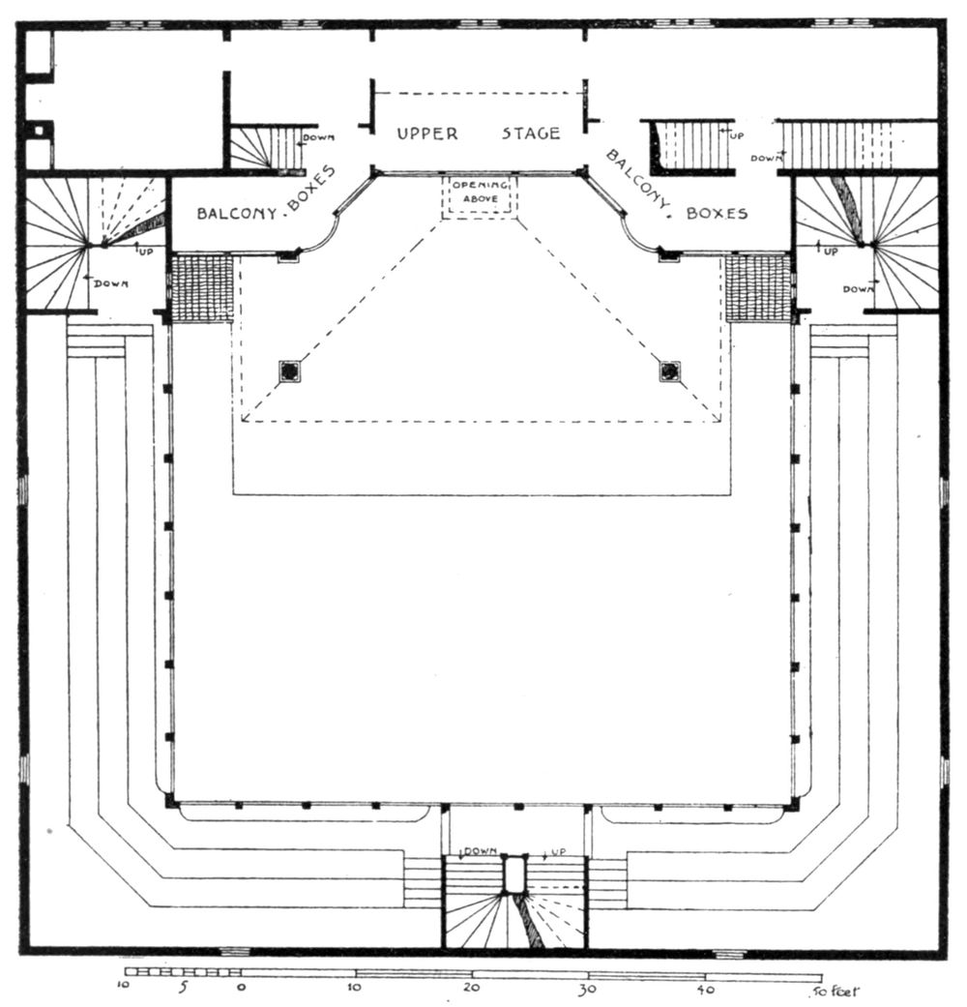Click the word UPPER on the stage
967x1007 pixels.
pos(426,133)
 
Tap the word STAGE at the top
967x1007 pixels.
pos(531,133)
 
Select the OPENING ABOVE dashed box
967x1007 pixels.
pos(480,197)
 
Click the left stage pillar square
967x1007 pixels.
pos(288,371)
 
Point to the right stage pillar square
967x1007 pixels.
pos(668,371)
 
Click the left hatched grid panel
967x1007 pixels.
pos(201,288)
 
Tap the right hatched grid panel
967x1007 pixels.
pos(759,288)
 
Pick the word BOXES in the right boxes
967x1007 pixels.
pos(717,212)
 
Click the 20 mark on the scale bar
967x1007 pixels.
pos(471,990)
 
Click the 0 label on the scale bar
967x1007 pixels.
pos(241,990)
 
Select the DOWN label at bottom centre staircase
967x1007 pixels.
pos(480,850)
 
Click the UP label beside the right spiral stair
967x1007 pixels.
pos(828,250)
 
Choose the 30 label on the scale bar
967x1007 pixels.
pos(587,990)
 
